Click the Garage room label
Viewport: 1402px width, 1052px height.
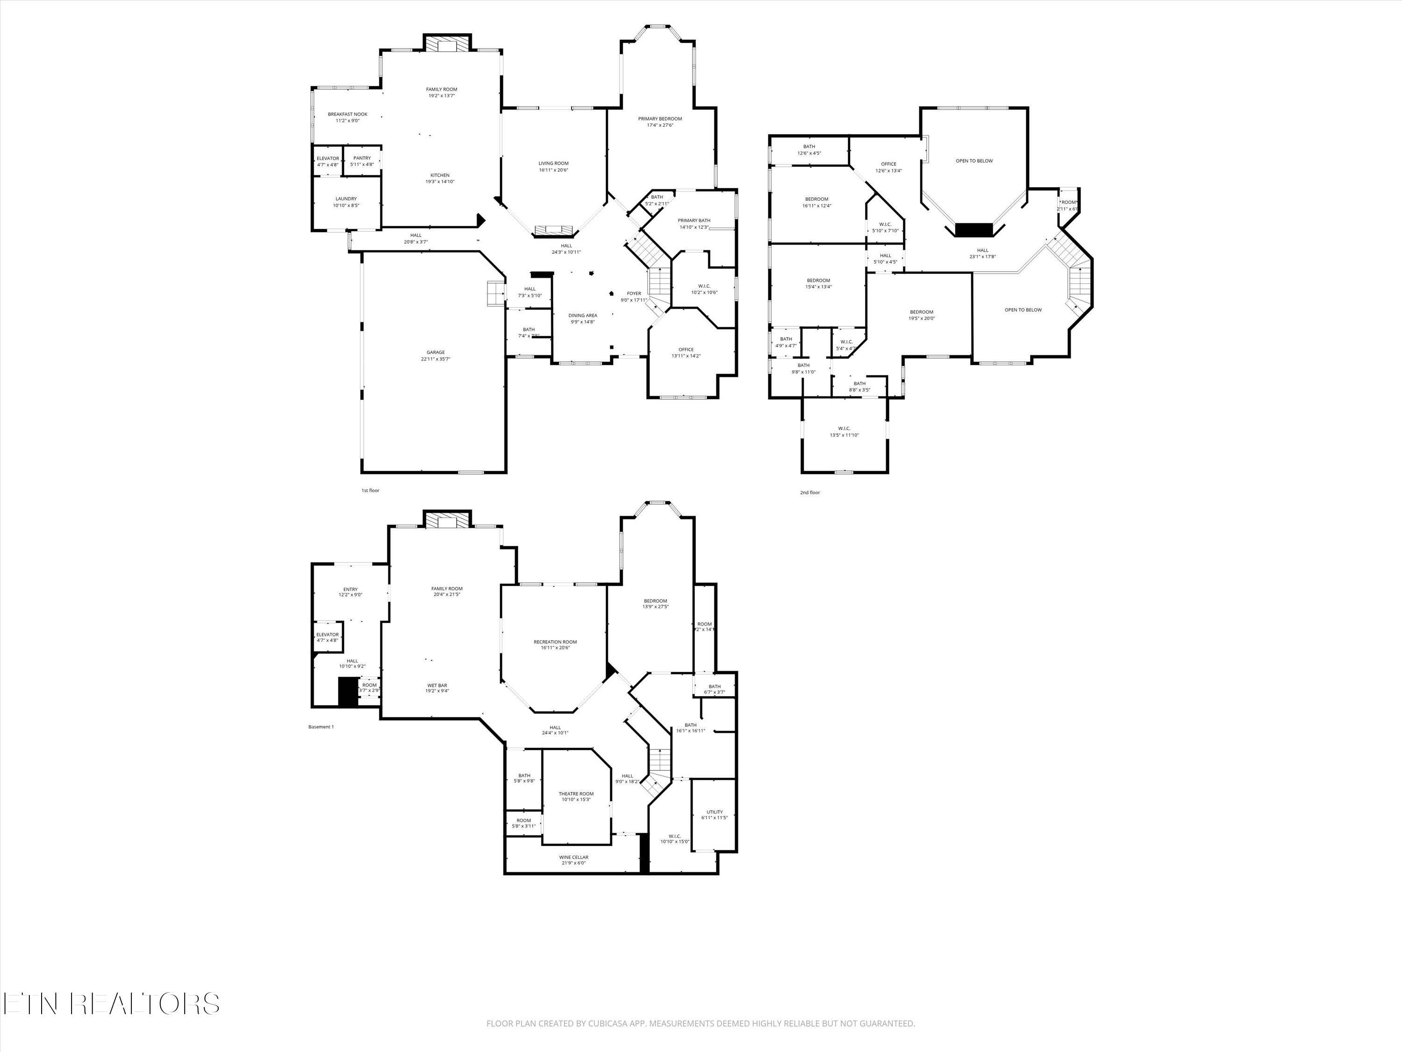coord(436,353)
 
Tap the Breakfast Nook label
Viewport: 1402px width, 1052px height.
coord(347,114)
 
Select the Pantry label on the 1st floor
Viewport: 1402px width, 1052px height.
coord(362,158)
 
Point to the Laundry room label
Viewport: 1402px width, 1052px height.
coord(346,199)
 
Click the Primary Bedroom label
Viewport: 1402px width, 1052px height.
coord(660,119)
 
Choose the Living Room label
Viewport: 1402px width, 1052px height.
coord(553,163)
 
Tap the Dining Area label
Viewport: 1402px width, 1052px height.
coord(582,315)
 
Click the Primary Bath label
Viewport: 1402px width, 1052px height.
coord(694,221)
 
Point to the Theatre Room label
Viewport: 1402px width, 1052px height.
coord(576,794)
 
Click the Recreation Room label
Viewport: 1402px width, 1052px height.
coord(555,642)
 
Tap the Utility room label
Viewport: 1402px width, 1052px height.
coord(714,812)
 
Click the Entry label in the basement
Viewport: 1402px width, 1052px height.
coord(350,589)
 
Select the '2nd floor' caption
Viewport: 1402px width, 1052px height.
coord(809,493)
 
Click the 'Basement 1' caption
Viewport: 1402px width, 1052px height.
coord(321,727)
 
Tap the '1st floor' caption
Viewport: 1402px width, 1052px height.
coord(370,490)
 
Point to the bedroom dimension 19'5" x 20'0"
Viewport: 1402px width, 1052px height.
coord(922,318)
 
